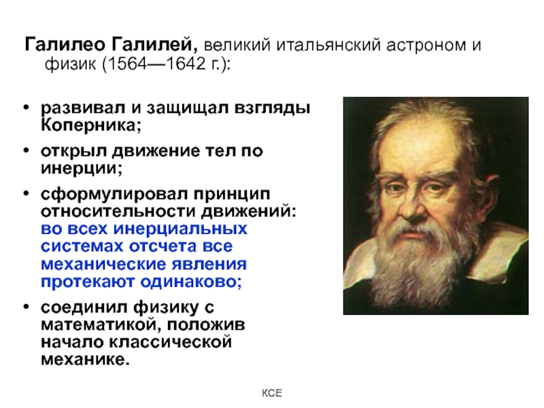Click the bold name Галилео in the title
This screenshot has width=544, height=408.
pos(65,44)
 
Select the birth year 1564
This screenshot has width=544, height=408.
pos(128,63)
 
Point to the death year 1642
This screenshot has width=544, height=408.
pos(186,63)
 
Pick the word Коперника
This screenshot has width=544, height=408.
pos(91,125)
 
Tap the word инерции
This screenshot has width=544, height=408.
pos(82,169)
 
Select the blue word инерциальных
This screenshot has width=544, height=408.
pos(180,229)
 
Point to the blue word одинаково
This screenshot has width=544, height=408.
pos(191,282)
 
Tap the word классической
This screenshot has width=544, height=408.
pos(171,342)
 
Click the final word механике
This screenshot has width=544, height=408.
pos(85,360)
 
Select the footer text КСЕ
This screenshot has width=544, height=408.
pos(271,393)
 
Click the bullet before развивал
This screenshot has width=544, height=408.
pos(27,107)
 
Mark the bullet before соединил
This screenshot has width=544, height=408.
pos(27,307)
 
